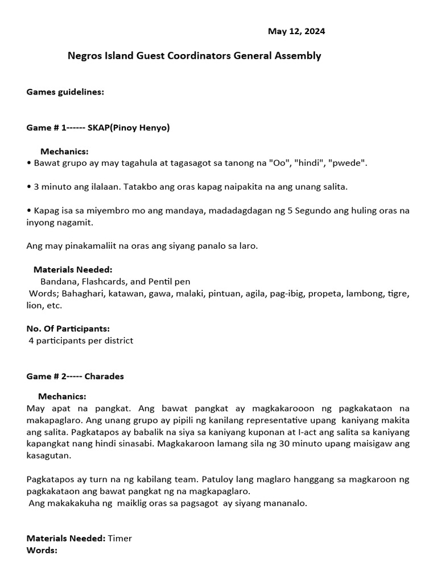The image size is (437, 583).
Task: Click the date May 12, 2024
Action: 296,31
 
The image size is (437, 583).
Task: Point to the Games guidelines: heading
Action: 65,92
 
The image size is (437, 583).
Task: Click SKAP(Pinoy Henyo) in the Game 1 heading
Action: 128,128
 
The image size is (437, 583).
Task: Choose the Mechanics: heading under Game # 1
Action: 64,151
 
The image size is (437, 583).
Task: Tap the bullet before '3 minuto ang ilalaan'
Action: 28,187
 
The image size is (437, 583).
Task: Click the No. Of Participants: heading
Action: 68,329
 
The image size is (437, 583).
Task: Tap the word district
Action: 117,340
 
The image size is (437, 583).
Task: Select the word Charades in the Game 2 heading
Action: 104,376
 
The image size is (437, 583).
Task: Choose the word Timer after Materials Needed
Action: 119,538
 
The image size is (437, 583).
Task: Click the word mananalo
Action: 286,503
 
